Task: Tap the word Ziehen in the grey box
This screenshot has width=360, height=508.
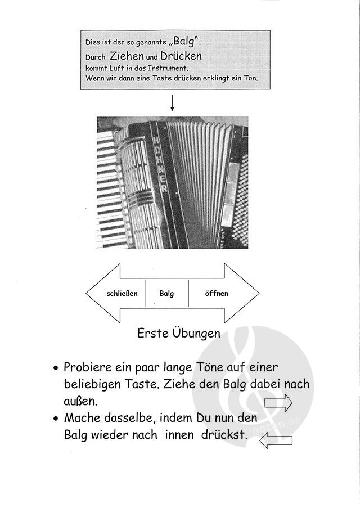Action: (127, 56)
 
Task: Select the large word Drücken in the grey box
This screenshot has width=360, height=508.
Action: (181, 56)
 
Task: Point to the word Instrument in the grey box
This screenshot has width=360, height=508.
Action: (159, 68)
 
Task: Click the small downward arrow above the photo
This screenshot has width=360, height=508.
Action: (172, 103)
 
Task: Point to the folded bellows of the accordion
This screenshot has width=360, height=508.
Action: (200, 180)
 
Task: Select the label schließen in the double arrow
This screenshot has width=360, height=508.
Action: (122, 294)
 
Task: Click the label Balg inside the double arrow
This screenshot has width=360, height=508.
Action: (166, 294)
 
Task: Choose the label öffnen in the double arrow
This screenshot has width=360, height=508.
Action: (217, 294)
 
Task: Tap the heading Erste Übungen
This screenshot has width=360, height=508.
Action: (179, 333)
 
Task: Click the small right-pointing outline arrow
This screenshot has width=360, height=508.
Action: (278, 402)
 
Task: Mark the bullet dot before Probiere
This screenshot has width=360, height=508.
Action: (56, 369)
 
